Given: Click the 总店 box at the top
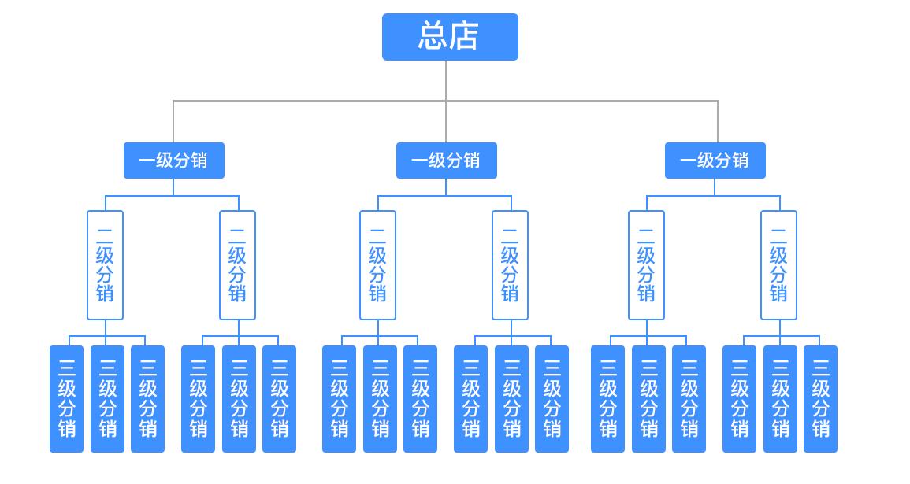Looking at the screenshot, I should pyautogui.click(x=450, y=37).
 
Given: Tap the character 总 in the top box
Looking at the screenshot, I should pyautogui.click(x=433, y=37).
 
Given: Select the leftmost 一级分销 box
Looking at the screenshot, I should pyautogui.click(x=173, y=161).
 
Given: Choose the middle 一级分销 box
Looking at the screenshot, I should pyautogui.click(x=446, y=161).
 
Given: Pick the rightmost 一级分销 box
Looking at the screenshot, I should pyautogui.click(x=715, y=161).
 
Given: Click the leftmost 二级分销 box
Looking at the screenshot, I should pyautogui.click(x=105, y=265).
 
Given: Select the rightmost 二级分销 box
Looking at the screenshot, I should pyautogui.click(x=778, y=265).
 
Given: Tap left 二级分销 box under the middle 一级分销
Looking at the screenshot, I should pyautogui.click(x=377, y=265).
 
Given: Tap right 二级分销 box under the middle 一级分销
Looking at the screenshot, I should pyautogui.click(x=510, y=265).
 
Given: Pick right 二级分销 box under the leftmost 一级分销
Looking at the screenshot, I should pyautogui.click(x=237, y=265).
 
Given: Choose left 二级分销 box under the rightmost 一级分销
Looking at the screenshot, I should pyautogui.click(x=646, y=265).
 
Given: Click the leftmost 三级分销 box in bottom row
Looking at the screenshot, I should pyautogui.click(x=66, y=399).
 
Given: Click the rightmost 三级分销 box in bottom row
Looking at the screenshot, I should pyautogui.click(x=820, y=399).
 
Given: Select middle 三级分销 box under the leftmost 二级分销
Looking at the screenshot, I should pyautogui.click(x=107, y=399).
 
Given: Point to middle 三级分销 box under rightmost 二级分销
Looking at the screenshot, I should pyautogui.click(x=780, y=399).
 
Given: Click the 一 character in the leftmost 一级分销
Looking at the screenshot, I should pyautogui.click(x=147, y=161).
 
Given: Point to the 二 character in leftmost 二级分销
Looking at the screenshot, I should pyautogui.click(x=105, y=234).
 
